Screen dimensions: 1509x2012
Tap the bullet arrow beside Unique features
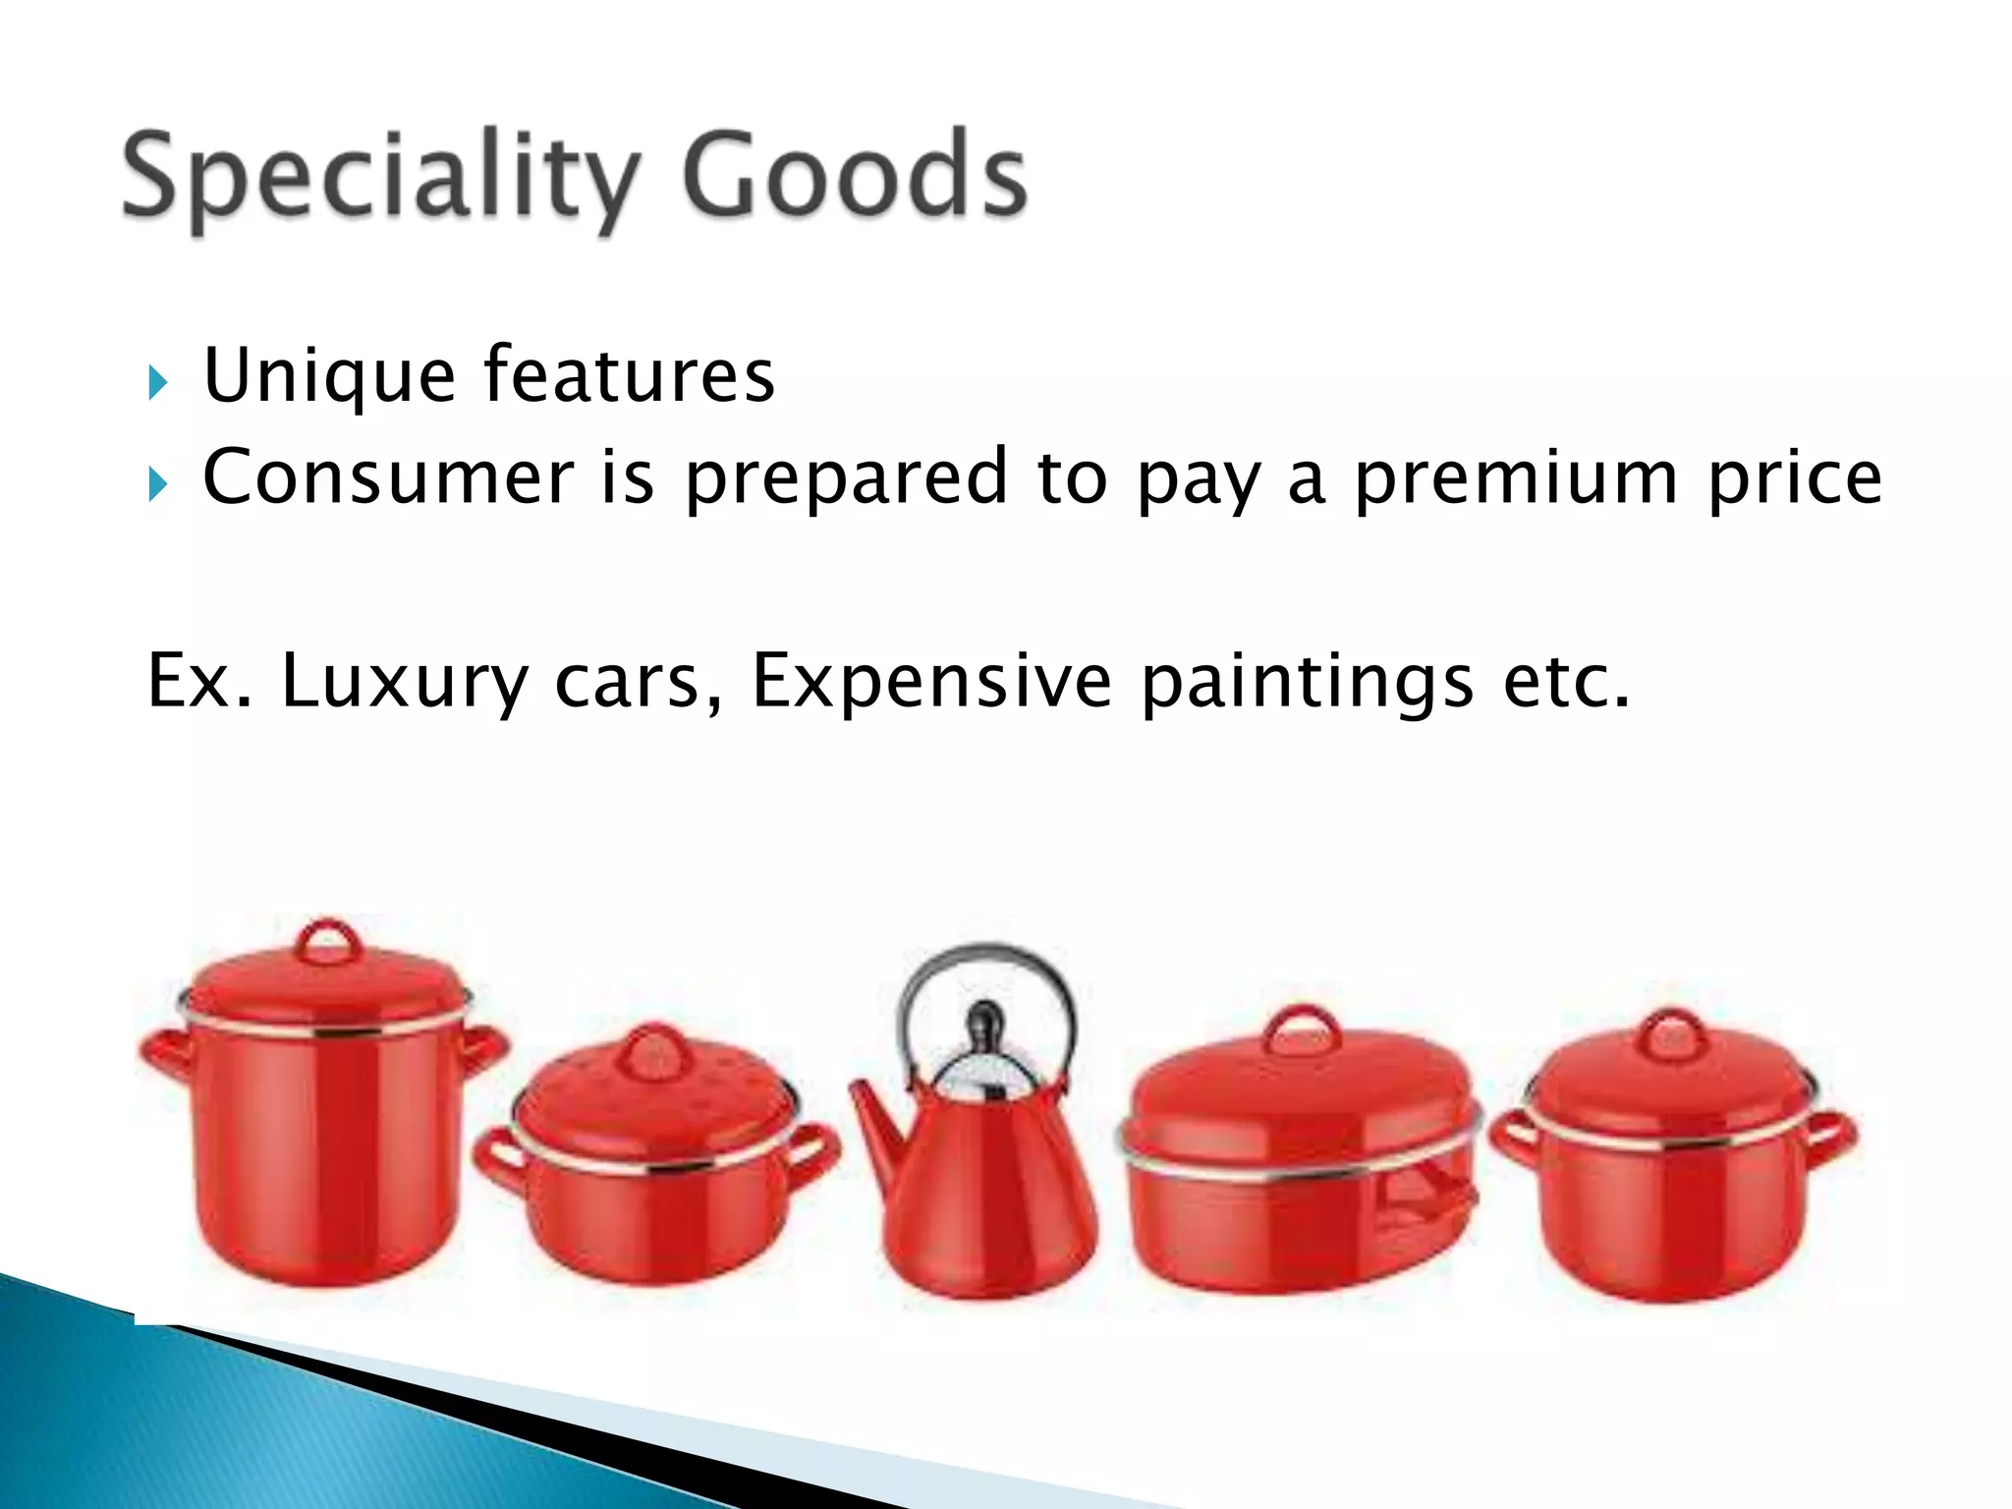157,382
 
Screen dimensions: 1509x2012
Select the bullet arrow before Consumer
157,483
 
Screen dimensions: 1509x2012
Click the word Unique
329,376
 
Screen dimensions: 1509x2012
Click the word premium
1516,478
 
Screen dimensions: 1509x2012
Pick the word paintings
1308,683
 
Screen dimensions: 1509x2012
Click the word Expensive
931,681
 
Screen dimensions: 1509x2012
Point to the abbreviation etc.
1566,681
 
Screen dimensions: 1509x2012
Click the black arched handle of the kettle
986,958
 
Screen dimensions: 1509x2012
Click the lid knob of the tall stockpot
328,941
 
